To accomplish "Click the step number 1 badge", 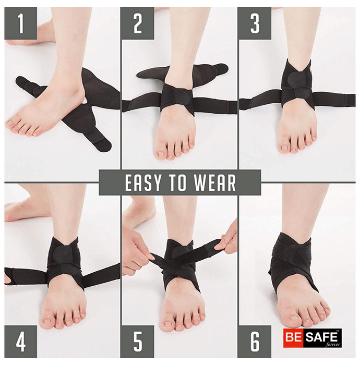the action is [x=21, y=23].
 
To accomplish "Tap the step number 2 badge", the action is [x=137, y=23].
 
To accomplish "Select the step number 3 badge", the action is [x=255, y=23].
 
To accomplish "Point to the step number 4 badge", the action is [x=21, y=342].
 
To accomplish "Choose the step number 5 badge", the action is [x=137, y=342].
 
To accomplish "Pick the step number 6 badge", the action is [x=255, y=342].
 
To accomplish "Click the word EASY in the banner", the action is [x=143, y=182].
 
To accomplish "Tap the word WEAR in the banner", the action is [x=215, y=182].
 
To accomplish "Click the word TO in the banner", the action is [x=178, y=182].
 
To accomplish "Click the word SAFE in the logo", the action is [x=321, y=336].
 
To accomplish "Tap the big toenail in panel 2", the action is [x=161, y=154].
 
